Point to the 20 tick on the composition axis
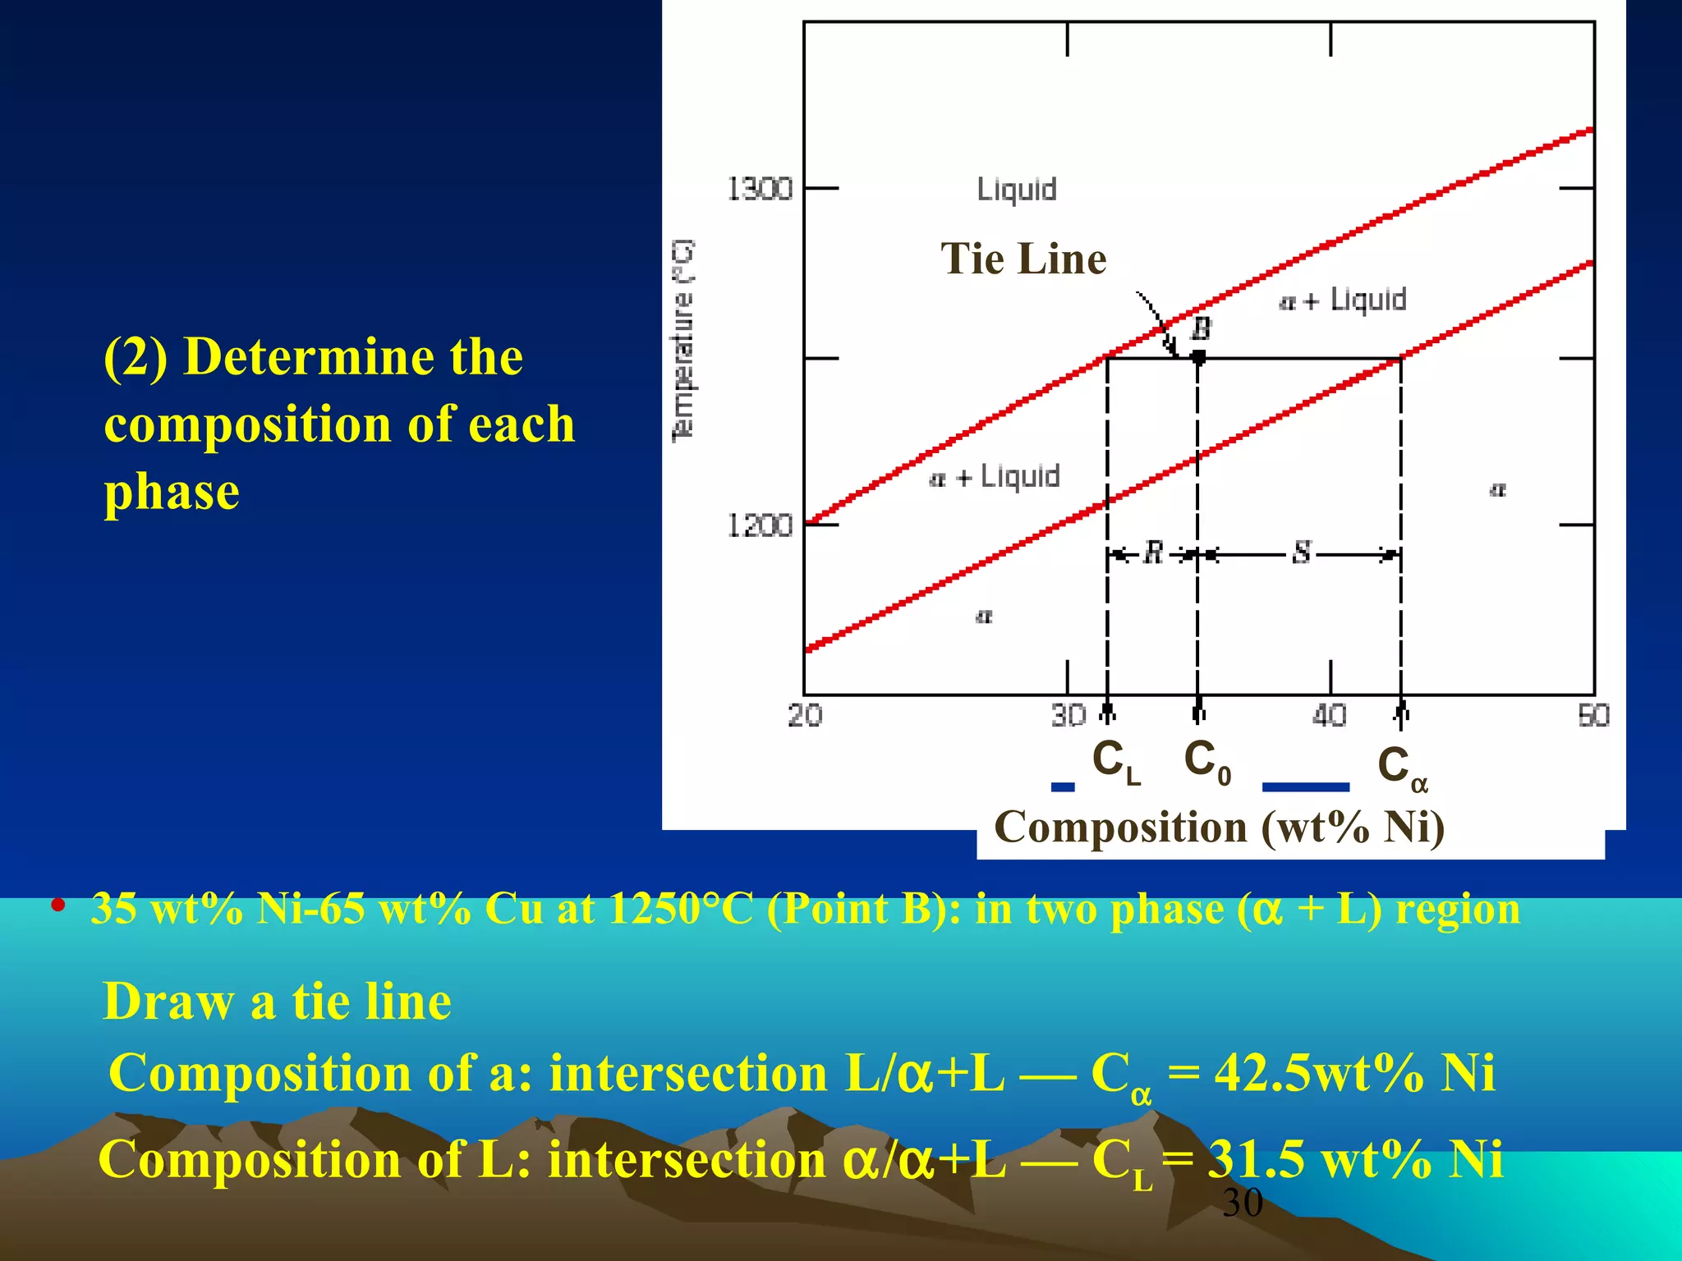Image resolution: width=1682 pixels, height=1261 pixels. coord(805,716)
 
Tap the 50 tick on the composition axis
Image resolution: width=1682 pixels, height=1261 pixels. coord(1593,716)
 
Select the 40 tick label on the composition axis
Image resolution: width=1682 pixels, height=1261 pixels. coord(1329,716)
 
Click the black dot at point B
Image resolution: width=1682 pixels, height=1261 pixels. coord(1198,358)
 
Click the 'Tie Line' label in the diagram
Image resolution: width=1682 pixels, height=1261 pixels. coord(1023,259)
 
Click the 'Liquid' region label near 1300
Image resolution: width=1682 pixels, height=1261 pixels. coord(1017,190)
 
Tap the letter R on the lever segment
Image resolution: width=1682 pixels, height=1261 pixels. coord(1153,553)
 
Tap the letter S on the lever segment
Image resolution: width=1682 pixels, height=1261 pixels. coord(1301,553)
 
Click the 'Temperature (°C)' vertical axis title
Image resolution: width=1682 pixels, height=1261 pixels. coord(683,341)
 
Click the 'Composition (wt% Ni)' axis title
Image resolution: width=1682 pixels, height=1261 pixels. coord(1220,828)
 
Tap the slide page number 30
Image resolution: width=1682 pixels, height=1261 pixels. coord(1242,1204)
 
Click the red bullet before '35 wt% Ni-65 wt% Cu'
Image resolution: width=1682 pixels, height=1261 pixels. coord(57,906)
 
